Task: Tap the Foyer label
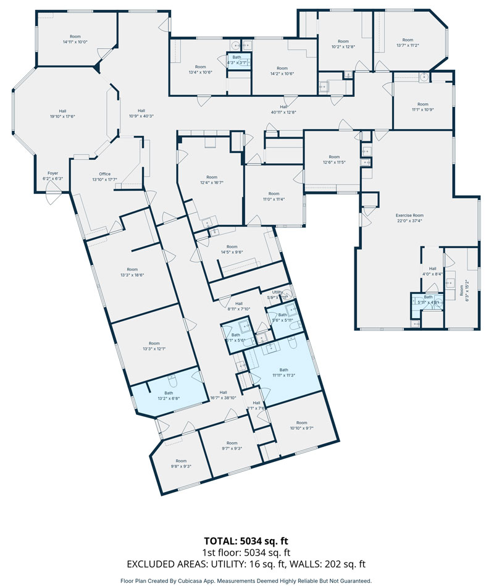tap(52, 173)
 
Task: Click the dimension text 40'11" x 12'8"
tap(284, 112)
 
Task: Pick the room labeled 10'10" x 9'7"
tap(302, 428)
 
